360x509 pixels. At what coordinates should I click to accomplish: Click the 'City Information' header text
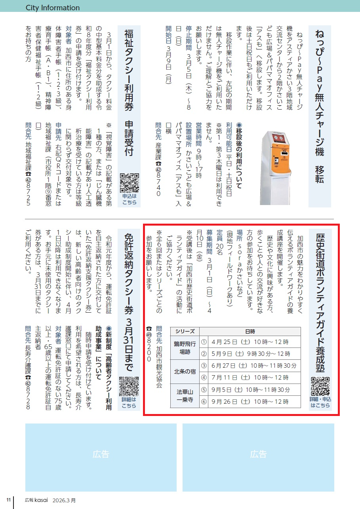pyautogui.click(x=53, y=8)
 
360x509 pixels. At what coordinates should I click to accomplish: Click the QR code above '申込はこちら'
pyautogui.click(x=130, y=183)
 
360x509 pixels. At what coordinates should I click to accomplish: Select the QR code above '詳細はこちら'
pyautogui.click(x=129, y=386)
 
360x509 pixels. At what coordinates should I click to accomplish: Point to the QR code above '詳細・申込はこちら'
pyautogui.click(x=320, y=386)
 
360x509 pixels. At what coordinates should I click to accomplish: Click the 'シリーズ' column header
pyautogui.click(x=185, y=331)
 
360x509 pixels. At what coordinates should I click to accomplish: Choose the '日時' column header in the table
pyautogui.click(x=250, y=332)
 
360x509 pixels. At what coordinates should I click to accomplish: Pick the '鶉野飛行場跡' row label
pyautogui.click(x=185, y=348)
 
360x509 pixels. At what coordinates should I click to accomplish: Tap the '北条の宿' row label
pyautogui.click(x=185, y=372)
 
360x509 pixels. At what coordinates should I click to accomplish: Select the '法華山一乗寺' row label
pyautogui.click(x=185, y=396)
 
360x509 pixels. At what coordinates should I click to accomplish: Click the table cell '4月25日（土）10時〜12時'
pyautogui.click(x=250, y=342)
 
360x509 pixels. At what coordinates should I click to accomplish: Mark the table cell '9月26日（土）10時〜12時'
pyautogui.click(x=250, y=401)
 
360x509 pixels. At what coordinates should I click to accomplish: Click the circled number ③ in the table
pyautogui.click(x=204, y=366)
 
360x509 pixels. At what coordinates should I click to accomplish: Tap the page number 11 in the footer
pyautogui.click(x=9, y=500)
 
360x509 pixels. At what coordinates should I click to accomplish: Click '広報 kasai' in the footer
pyautogui.click(x=36, y=500)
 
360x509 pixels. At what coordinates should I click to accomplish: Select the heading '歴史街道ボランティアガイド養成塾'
pyautogui.click(x=320, y=303)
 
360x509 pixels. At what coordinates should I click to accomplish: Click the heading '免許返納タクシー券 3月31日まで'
pyautogui.click(x=129, y=302)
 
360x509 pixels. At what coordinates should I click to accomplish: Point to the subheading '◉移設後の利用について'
pyautogui.click(x=239, y=156)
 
